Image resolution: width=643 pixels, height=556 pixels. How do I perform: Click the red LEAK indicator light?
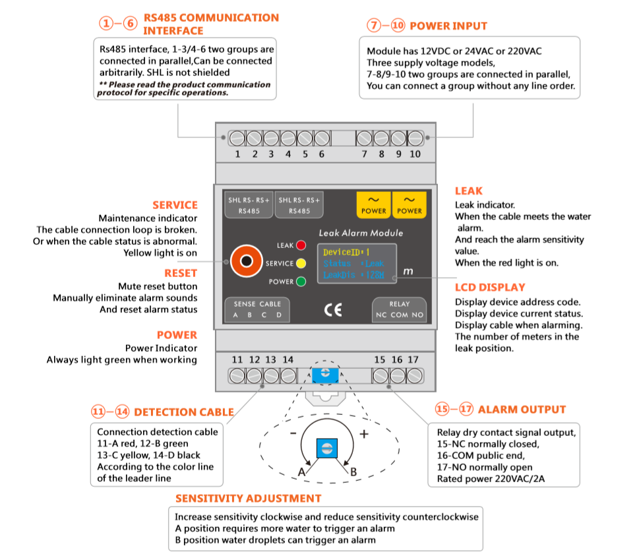(301, 245)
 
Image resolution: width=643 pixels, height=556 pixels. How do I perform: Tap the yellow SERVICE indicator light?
(301, 263)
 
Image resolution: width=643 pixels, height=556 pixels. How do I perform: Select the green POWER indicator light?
(301, 282)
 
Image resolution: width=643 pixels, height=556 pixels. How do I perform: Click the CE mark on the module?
(334, 311)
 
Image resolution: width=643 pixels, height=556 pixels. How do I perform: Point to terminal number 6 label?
(322, 154)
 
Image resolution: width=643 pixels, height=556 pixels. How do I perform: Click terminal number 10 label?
(415, 154)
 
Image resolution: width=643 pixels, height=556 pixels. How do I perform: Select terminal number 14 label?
(288, 359)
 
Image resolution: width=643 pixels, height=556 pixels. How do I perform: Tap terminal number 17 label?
(413, 359)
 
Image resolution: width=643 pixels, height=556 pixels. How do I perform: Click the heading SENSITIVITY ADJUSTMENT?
(248, 499)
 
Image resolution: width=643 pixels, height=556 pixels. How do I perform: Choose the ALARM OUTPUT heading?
(522, 410)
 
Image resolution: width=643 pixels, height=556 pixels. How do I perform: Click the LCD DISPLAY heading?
(490, 288)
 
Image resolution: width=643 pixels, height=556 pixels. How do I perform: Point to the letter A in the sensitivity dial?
(303, 472)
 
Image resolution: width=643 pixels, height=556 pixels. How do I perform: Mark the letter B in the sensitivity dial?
(353, 472)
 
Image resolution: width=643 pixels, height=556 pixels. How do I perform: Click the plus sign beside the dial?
(363, 435)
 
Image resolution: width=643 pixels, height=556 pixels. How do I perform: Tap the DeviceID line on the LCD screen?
(346, 252)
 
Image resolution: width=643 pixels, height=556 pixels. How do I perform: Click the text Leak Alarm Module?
(361, 233)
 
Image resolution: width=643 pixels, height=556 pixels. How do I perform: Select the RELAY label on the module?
(399, 304)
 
